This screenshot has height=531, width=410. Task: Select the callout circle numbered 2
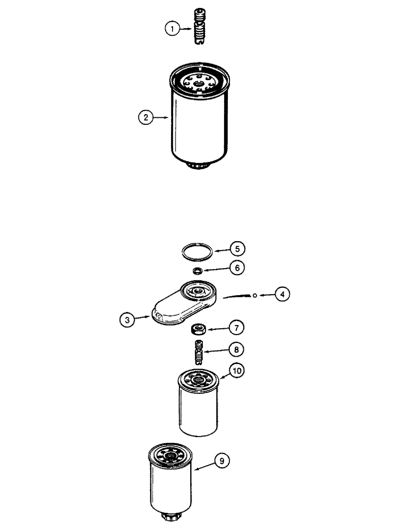tap(145, 117)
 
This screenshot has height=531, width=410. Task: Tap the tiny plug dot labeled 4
tap(255, 295)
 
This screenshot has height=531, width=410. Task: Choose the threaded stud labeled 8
tap(199, 354)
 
